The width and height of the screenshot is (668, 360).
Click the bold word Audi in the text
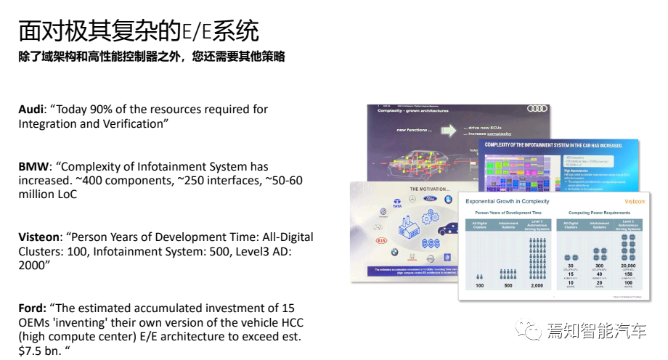[x=31, y=109]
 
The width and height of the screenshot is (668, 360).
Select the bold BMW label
[x=32, y=167]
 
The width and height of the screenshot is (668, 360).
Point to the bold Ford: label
[x=34, y=308]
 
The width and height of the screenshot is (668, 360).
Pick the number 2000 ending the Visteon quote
[x=33, y=266]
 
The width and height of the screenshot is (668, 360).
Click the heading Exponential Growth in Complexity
[x=507, y=201]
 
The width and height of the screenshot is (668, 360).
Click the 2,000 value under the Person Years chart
[x=537, y=285]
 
